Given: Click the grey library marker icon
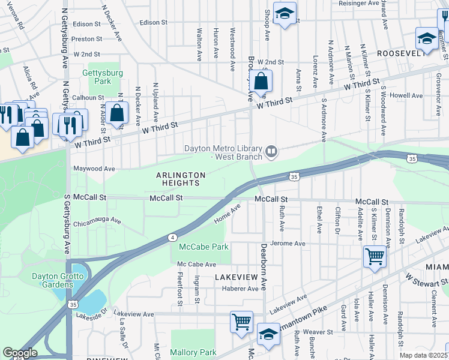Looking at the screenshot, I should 271,152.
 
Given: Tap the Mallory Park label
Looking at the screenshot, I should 193,352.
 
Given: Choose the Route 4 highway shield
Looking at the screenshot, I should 172,238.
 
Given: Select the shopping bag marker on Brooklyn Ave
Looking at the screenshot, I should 262,81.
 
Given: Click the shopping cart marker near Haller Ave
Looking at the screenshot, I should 375,257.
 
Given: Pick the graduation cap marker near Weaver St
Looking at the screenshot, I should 268,334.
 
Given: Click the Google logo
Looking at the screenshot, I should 20,353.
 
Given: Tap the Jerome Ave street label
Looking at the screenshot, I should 288,244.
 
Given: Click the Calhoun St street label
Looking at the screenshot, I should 88,98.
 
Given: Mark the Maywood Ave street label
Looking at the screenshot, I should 94,169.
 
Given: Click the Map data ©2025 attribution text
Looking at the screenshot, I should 423,355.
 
